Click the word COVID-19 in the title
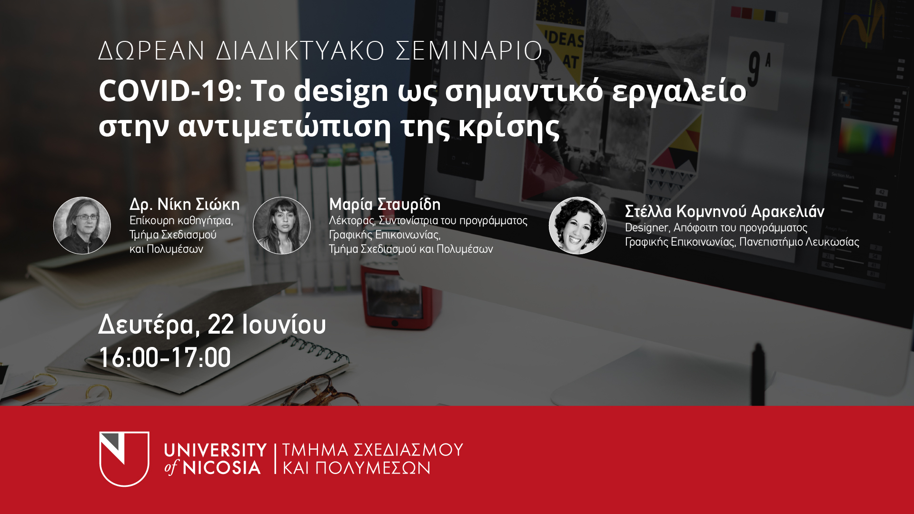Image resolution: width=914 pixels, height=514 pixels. pos(170,90)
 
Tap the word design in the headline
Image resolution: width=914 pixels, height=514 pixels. pos(341,92)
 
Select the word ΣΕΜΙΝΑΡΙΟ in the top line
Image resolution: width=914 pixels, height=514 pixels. pos(469,51)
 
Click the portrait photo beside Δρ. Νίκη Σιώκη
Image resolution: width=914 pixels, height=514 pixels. pos(82,226)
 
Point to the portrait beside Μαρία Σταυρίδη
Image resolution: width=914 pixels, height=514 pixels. pos(282,226)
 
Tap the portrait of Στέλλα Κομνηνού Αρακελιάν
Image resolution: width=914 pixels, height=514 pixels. pos(577,226)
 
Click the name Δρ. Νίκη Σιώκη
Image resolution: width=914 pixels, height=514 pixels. pos(185,205)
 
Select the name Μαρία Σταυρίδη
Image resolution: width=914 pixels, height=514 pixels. pos(385,205)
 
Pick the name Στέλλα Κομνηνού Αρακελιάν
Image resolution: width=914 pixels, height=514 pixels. pos(725,211)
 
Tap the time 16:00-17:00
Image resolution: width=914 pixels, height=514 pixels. pos(165,357)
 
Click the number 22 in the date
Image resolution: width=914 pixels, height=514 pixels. pos(221,325)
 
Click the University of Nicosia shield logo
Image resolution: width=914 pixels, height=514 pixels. pos(124,459)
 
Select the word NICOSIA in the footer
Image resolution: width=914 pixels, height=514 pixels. pos(222,468)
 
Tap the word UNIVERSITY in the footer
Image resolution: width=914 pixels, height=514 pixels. pos(215,450)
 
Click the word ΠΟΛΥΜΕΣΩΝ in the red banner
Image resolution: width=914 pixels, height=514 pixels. pos(373,468)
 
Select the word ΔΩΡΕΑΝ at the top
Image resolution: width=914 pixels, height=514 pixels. pos(151,51)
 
